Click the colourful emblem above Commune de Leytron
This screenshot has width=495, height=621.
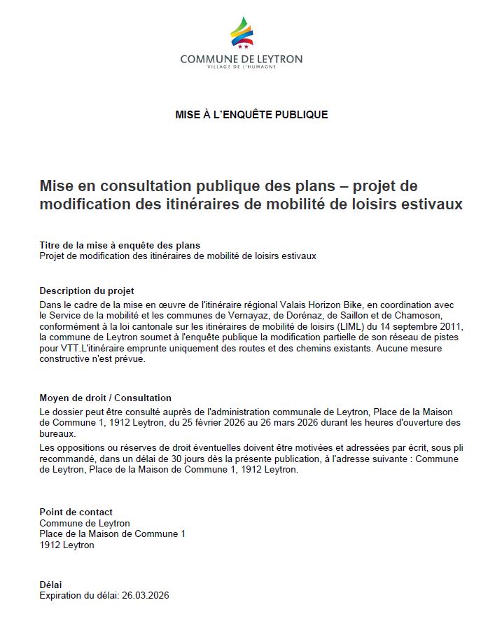tap(242, 33)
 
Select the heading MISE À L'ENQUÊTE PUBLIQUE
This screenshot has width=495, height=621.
tap(251, 114)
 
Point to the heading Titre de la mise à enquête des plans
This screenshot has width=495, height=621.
tap(120, 245)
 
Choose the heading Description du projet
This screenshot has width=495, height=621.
tap(87, 291)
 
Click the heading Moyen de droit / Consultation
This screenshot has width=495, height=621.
tap(105, 398)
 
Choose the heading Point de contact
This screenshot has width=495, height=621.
tap(76, 512)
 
